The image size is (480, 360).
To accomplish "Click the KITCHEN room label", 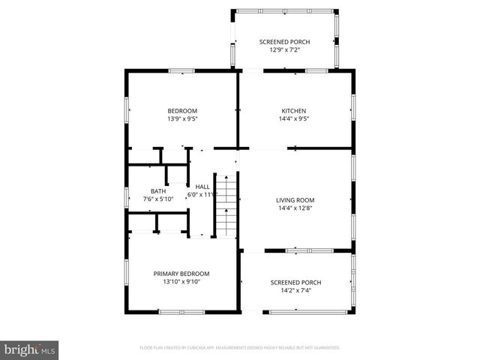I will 294,111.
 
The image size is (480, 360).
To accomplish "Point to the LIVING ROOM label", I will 295,200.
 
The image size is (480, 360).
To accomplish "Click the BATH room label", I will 157,191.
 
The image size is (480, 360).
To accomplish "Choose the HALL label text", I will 202,187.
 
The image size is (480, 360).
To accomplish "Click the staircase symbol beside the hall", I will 226,205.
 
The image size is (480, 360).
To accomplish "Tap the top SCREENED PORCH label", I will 284,42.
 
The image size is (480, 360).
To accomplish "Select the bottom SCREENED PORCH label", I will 295,283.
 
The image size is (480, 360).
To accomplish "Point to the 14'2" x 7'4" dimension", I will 295,290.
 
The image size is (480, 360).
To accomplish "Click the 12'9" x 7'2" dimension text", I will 284,49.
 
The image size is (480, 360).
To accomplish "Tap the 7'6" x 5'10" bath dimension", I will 157,199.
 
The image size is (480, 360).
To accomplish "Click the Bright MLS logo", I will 30,349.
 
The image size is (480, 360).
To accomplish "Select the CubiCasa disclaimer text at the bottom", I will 239,348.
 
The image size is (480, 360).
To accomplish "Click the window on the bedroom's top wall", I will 181,71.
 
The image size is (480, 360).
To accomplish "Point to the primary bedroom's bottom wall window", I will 181,311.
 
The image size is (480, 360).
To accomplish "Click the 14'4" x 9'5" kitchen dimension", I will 294,118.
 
